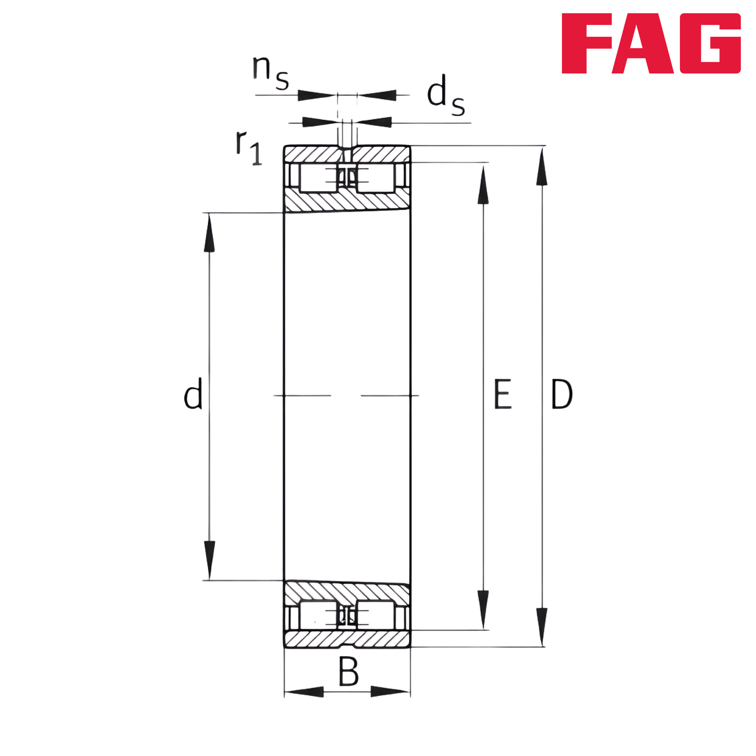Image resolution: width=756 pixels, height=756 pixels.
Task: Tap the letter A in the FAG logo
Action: point(643,43)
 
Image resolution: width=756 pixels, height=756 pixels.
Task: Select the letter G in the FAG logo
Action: point(710,43)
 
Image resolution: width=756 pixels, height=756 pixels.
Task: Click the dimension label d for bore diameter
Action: point(193,393)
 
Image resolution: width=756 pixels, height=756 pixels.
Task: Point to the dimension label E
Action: point(503,394)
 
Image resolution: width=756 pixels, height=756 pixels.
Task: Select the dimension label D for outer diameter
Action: point(562,394)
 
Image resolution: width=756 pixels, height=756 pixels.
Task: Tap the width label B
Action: point(349,671)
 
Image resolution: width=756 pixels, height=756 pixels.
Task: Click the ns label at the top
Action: point(270,72)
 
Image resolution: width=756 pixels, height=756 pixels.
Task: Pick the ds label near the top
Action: point(446,95)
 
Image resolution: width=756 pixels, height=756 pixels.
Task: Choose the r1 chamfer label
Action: point(249,147)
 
